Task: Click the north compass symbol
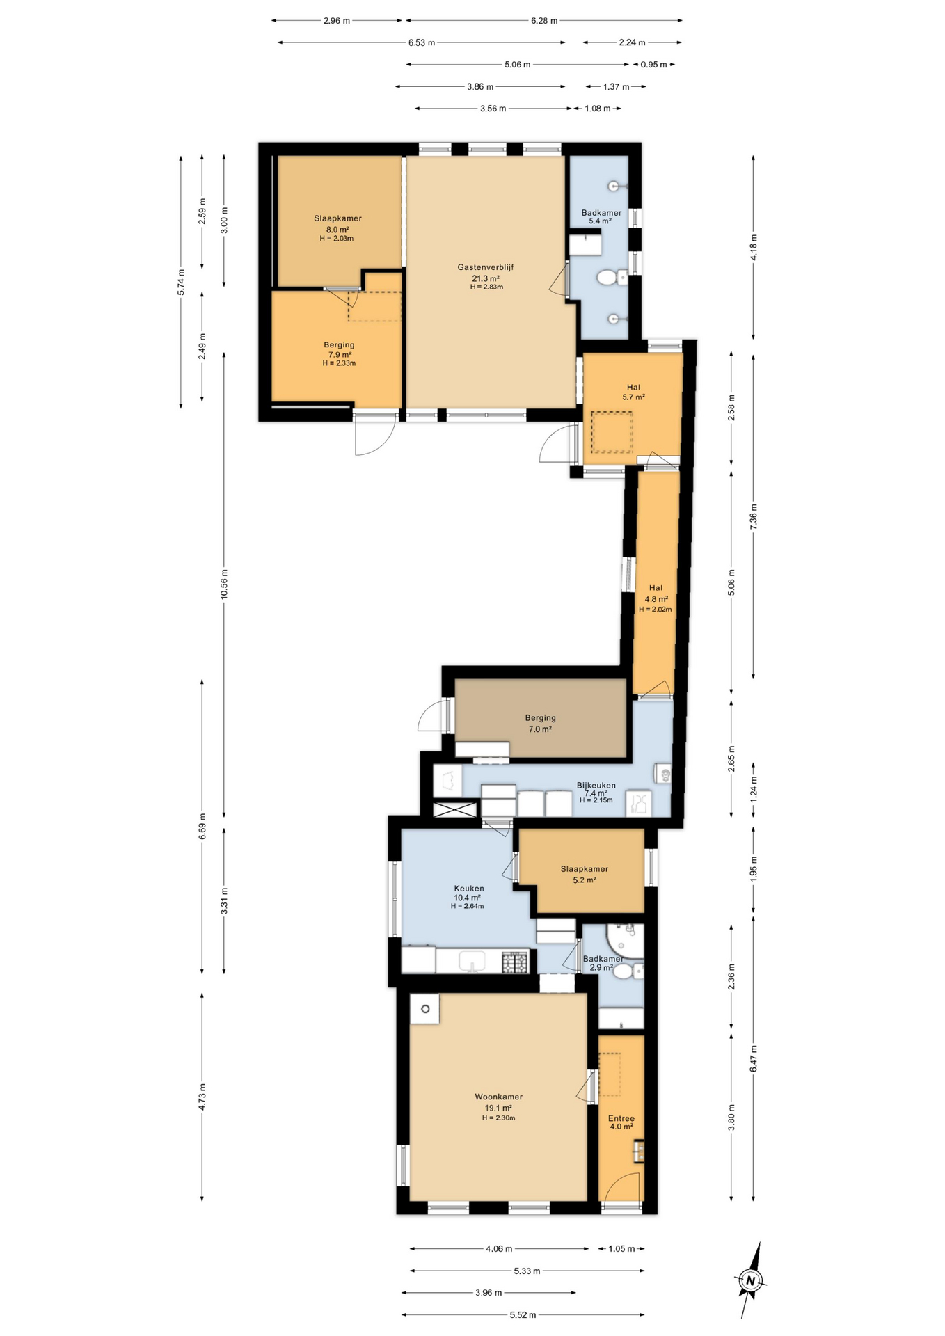749,1280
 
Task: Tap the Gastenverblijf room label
486,267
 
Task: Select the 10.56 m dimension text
224,584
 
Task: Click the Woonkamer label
498,1097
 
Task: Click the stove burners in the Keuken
516,962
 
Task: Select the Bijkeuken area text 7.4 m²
596,793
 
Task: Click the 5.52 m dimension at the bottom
523,1314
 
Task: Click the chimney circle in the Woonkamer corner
425,1009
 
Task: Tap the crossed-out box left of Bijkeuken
454,809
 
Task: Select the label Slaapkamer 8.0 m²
337,224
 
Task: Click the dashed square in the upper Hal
612,432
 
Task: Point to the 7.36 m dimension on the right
754,516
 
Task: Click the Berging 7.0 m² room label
540,724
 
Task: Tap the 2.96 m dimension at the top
337,21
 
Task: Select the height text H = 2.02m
656,609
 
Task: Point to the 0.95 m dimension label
653,65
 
